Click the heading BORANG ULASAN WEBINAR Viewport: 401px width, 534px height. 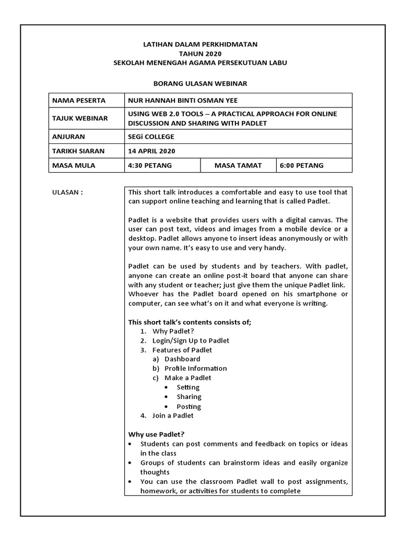(x=200, y=83)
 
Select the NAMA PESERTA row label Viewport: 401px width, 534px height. (x=78, y=101)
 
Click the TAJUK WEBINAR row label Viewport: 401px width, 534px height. (x=80, y=118)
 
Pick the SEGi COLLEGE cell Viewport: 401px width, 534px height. (x=151, y=137)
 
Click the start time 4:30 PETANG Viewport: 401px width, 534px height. (x=150, y=165)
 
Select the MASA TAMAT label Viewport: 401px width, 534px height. (x=238, y=165)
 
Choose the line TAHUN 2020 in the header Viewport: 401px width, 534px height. (x=200, y=54)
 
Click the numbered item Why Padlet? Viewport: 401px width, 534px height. (x=174, y=331)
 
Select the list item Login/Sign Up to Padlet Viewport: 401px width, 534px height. (x=191, y=341)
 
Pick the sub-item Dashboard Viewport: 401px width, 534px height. (x=182, y=359)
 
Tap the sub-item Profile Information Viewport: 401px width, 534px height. (x=195, y=369)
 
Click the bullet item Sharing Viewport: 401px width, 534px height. (x=189, y=397)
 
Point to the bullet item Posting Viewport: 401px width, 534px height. (x=188, y=406)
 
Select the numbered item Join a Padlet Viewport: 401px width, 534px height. (x=173, y=416)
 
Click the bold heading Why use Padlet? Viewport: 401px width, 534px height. (x=157, y=434)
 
